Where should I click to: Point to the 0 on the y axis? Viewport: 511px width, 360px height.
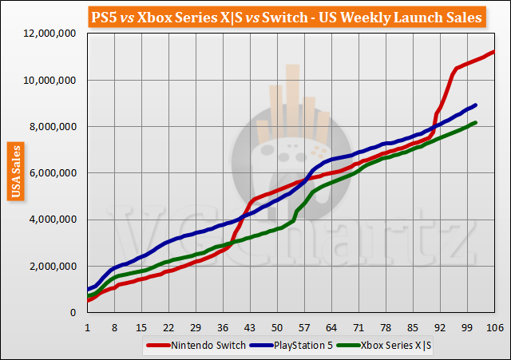[x=73, y=312]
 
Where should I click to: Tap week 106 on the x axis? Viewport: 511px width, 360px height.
[x=493, y=327]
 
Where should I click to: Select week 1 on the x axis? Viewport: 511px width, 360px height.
[x=86, y=327]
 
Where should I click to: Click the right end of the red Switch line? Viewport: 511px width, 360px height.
[x=494, y=52]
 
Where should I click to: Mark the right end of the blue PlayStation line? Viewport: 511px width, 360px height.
[x=476, y=105]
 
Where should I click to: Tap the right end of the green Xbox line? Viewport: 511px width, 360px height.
[x=476, y=122]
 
